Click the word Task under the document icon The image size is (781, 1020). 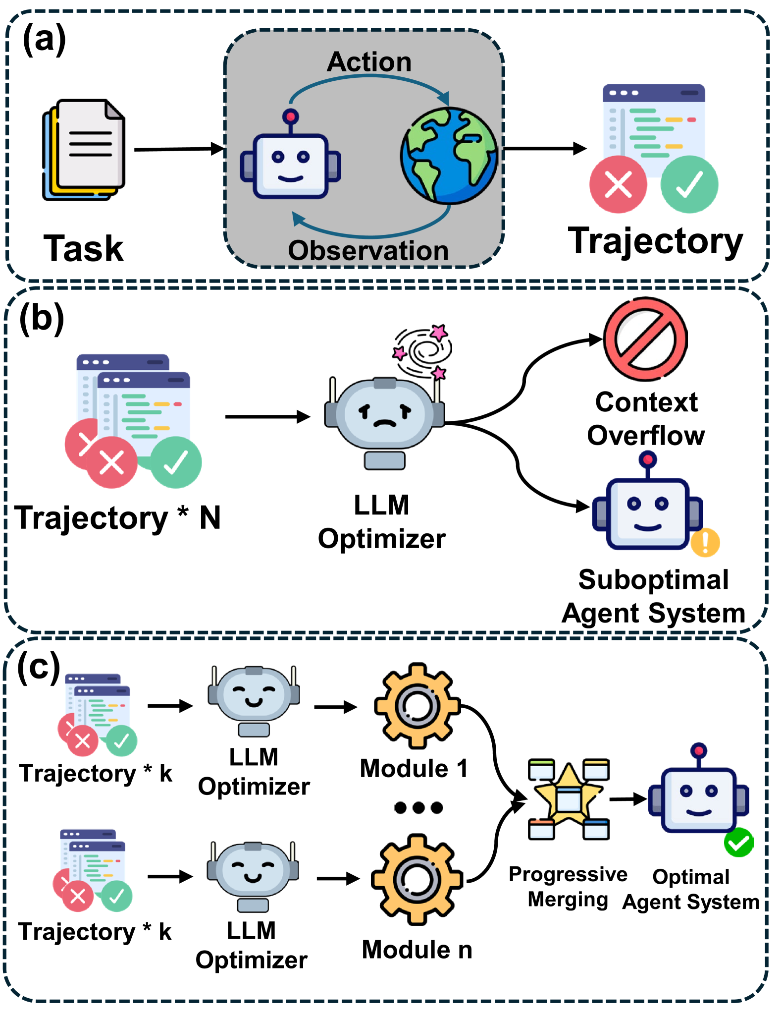tap(83, 248)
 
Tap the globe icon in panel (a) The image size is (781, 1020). tap(449, 156)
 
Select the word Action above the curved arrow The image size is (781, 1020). tap(369, 62)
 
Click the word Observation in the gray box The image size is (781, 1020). tap(368, 250)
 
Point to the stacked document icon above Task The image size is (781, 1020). tap(84, 150)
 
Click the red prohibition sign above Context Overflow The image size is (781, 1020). tap(645, 339)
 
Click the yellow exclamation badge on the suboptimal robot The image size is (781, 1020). tap(705, 542)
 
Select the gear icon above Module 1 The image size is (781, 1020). tap(417, 706)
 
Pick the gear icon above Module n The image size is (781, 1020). tap(417, 879)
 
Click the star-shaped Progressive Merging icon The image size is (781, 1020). tap(569, 799)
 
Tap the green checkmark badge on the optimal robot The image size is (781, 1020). tap(738, 842)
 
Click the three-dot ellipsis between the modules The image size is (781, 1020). tap(418, 808)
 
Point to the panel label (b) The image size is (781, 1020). tap(42, 319)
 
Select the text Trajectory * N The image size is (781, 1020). tap(117, 518)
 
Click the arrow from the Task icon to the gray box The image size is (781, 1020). tap(180, 149)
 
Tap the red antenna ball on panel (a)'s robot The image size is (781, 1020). tap(290, 117)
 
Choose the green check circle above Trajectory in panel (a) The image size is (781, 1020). tap(689, 184)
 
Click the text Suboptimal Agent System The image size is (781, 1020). tap(653, 596)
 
